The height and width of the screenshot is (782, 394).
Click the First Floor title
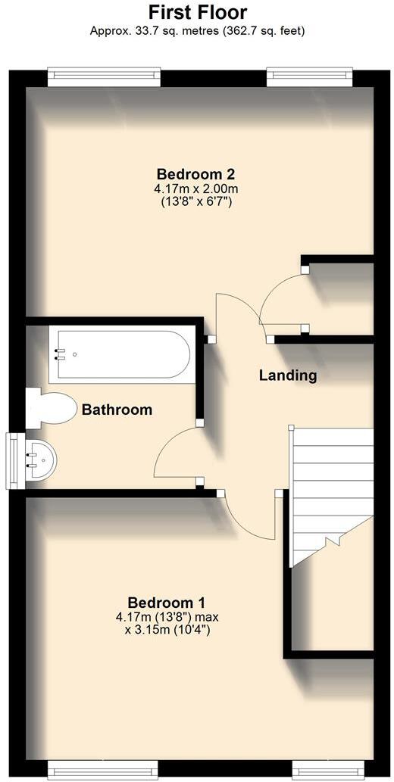click(x=197, y=12)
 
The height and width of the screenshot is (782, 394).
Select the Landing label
click(x=287, y=375)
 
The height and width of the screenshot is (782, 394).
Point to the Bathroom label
click(x=117, y=410)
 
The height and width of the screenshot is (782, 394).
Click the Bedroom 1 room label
click(x=166, y=603)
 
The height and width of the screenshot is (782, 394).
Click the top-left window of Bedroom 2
click(x=104, y=76)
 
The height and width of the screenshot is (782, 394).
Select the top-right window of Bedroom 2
click(x=309, y=76)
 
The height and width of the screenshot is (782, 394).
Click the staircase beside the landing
click(x=332, y=484)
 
